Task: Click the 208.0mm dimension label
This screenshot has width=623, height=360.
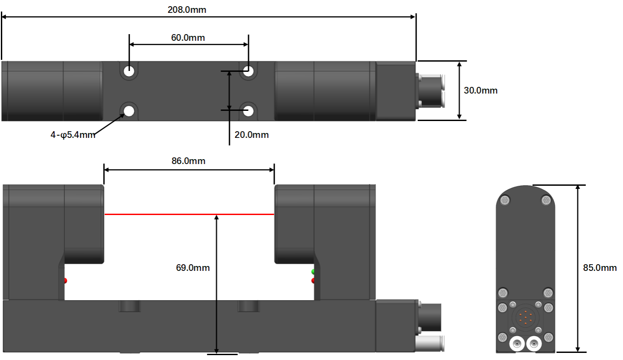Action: click(187, 10)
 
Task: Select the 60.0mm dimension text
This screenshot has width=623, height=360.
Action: click(188, 38)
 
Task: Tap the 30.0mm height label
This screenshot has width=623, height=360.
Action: click(480, 90)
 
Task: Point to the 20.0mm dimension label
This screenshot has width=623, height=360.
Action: click(251, 135)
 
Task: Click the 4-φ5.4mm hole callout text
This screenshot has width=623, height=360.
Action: click(73, 135)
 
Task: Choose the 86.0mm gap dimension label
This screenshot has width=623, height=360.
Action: click(188, 161)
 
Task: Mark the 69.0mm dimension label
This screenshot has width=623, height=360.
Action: click(193, 268)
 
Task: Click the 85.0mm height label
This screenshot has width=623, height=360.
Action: click(600, 268)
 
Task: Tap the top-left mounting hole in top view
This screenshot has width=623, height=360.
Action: click(129, 71)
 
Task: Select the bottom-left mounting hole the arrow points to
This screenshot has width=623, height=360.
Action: click(129, 111)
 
